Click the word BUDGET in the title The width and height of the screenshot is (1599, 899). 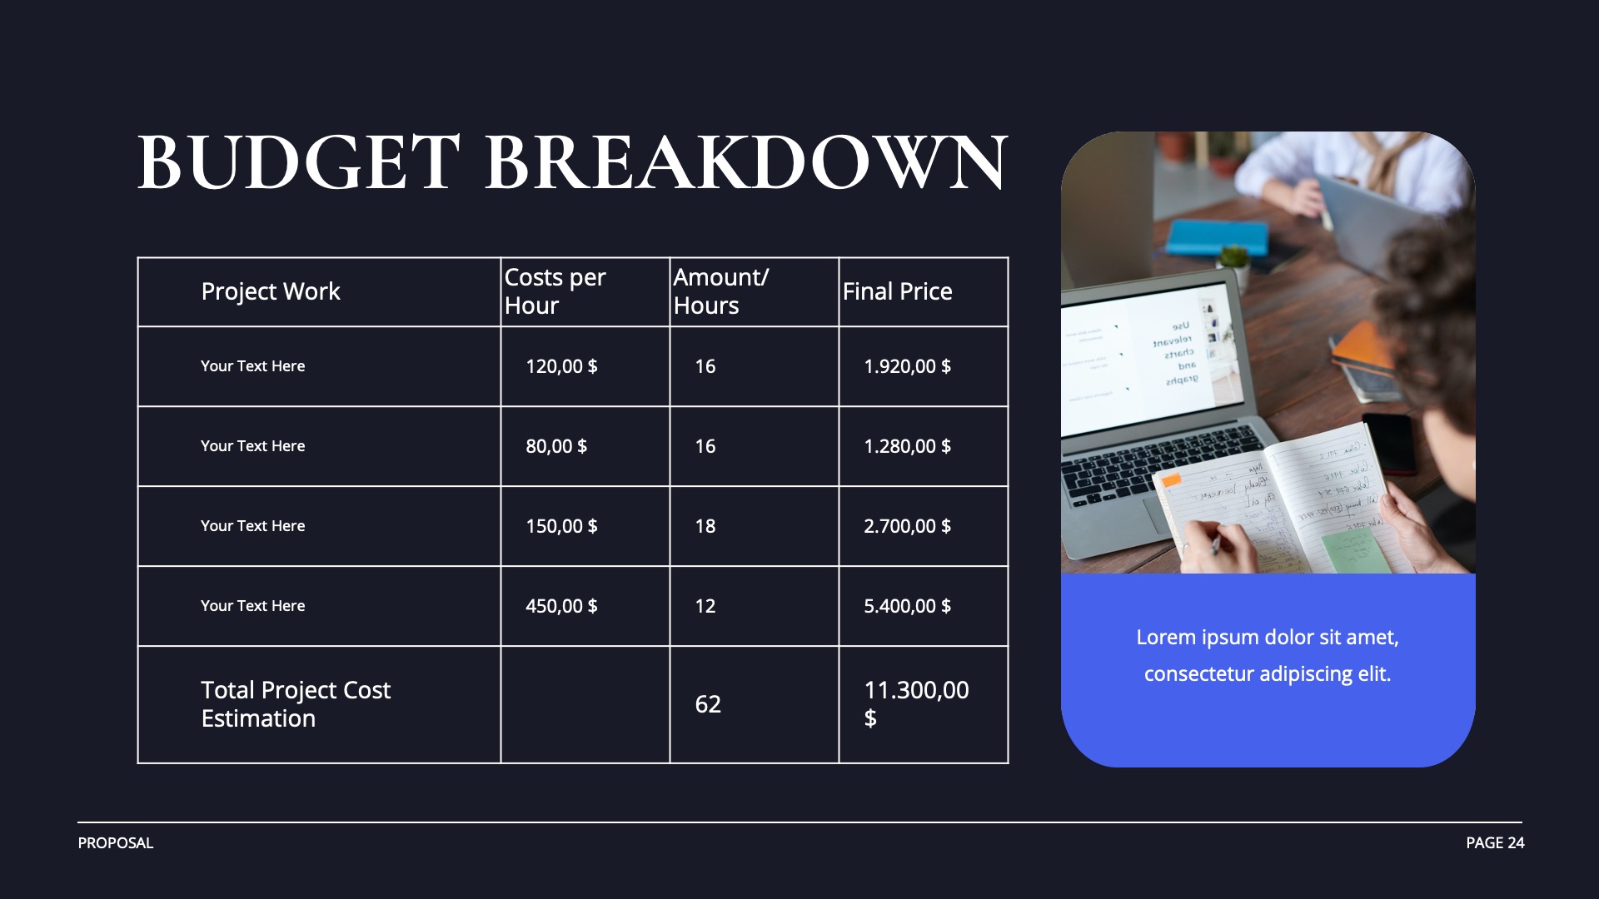[298, 162]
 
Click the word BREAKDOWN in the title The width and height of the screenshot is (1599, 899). [745, 162]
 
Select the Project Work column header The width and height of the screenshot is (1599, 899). [271, 291]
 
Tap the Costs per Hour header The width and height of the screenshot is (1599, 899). [555, 291]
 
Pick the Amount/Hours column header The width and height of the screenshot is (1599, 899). [720, 291]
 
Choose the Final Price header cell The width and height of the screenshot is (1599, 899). [897, 291]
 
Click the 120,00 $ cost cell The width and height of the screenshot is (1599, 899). [561, 366]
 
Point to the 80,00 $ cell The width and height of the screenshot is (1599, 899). [556, 446]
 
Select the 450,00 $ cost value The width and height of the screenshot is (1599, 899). [561, 606]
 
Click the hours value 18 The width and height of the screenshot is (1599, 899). [705, 526]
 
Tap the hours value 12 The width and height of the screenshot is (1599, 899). [705, 606]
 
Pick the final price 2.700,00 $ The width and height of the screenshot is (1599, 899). [907, 526]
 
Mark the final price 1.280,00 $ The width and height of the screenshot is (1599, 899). [907, 446]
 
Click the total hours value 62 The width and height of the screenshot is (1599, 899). [708, 704]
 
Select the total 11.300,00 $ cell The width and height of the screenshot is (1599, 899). [916, 703]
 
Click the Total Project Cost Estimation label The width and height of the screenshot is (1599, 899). [296, 704]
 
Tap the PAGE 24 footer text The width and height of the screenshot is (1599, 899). [1495, 842]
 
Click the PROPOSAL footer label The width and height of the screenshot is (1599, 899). [116, 842]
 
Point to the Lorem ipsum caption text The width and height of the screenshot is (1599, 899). [1268, 655]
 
